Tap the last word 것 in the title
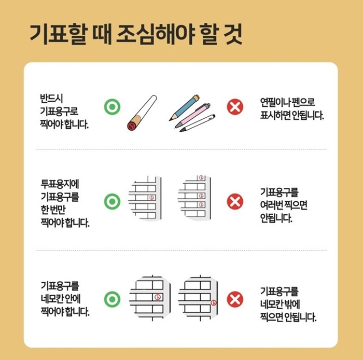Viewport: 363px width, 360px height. click(x=231, y=34)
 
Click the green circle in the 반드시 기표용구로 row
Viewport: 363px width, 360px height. click(x=112, y=107)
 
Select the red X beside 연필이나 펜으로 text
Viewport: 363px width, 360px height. click(x=235, y=107)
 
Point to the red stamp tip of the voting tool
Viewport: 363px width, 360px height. click(x=132, y=125)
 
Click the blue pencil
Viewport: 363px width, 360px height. click(x=184, y=107)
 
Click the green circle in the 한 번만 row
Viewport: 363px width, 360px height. click(x=112, y=201)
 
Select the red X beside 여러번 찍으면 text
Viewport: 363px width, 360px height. click(x=235, y=201)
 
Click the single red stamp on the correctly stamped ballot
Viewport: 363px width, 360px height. click(x=151, y=198)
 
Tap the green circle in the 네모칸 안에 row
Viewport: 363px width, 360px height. click(x=112, y=299)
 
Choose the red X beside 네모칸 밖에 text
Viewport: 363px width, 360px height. click(x=235, y=299)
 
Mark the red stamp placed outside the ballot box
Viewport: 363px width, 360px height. click(x=214, y=302)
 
